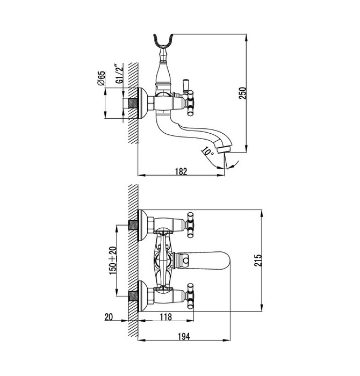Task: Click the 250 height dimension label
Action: click(243, 93)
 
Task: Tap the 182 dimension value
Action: click(181, 172)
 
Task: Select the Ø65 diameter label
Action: click(100, 78)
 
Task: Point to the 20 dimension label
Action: click(109, 317)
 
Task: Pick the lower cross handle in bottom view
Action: click(190, 294)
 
